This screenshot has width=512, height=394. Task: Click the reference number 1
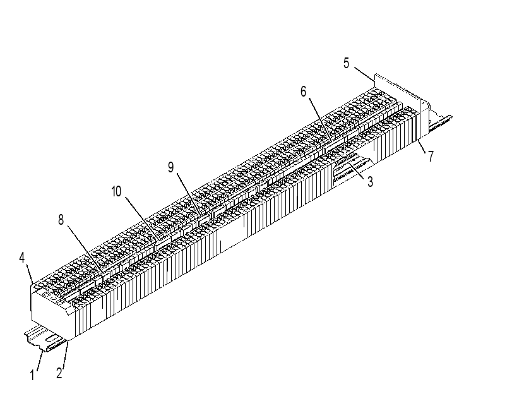32,374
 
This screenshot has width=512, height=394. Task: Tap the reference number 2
59,373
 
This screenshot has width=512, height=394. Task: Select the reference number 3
370,181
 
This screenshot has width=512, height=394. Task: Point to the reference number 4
22,258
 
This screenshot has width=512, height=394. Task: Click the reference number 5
346,63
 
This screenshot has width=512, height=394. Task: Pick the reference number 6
303,92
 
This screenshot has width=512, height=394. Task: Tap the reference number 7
431,156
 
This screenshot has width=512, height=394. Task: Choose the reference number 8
61,220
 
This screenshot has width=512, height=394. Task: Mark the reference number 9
171,167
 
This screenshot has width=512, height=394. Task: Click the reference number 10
116,191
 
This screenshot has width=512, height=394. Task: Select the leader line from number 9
189,195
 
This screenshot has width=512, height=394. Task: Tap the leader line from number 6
320,119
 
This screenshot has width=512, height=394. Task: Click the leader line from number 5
364,74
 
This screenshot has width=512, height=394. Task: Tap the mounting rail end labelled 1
45,338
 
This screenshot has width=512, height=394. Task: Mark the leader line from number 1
40,361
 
